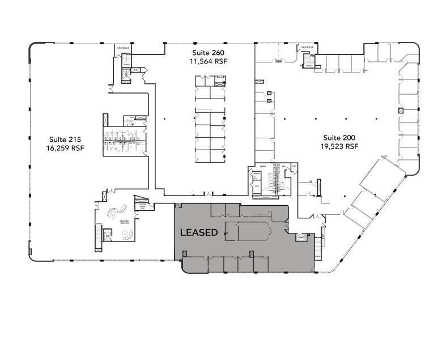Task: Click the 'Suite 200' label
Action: (x=340, y=138)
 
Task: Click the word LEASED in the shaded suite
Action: (x=198, y=232)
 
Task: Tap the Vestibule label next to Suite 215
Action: (x=124, y=48)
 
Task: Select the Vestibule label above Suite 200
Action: (x=307, y=47)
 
